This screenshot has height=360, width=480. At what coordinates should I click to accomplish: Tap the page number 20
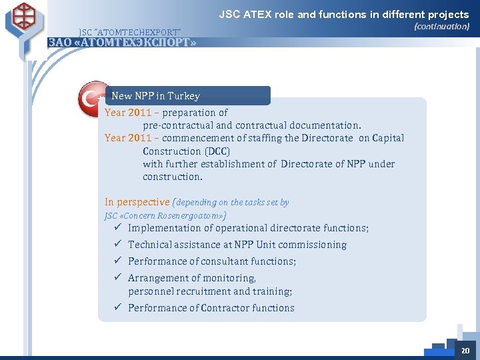465,351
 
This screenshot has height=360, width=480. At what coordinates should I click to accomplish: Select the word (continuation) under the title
441,27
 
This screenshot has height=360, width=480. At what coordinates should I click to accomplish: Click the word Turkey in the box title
183,96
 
